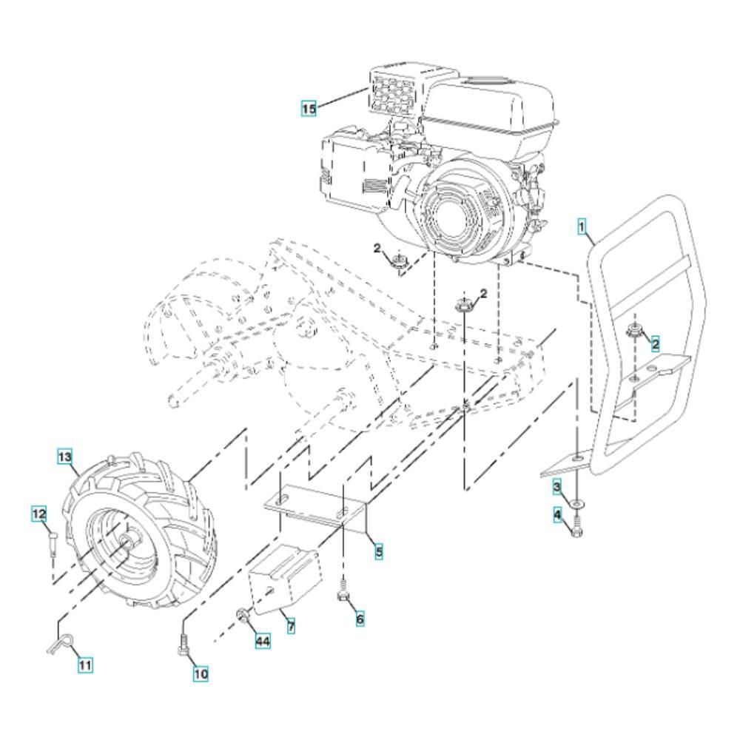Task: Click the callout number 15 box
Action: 309,109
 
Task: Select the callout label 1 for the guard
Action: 582,226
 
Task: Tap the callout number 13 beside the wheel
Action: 64,457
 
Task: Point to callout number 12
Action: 39,513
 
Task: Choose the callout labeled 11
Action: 85,665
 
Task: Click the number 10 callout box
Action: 201,673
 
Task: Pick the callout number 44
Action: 263,641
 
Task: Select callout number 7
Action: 291,626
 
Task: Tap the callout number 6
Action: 360,618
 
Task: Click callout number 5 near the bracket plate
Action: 379,551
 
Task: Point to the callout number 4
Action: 558,515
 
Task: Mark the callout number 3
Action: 557,486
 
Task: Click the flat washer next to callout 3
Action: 576,503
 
